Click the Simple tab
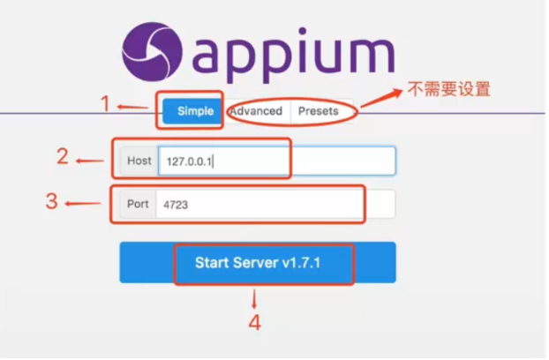click(x=195, y=111)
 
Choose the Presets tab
click(x=318, y=111)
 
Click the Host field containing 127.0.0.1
click(x=274, y=161)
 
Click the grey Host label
click(x=139, y=161)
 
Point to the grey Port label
click(x=138, y=204)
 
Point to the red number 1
click(x=105, y=104)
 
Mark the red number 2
click(x=63, y=157)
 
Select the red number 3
click(x=52, y=200)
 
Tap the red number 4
click(x=254, y=322)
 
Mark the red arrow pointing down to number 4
click(x=254, y=297)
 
